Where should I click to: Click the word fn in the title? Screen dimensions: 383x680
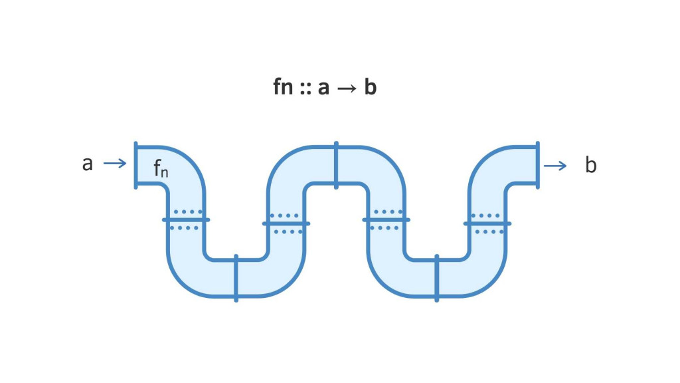pyautogui.click(x=284, y=88)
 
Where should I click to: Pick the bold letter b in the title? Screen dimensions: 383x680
pyautogui.click(x=370, y=88)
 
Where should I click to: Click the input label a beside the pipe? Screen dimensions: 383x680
pyautogui.click(x=88, y=164)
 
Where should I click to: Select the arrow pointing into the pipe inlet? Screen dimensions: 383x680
pyautogui.click(x=115, y=164)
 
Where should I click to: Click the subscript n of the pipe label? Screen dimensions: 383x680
pyautogui.click(x=165, y=172)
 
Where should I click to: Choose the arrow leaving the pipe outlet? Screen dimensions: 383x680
pyautogui.click(x=555, y=166)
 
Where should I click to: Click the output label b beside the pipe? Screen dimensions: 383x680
pyautogui.click(x=590, y=166)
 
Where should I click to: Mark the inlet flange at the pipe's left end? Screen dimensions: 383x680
pyautogui.click(x=136, y=165)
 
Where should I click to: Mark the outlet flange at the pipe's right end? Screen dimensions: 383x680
pyautogui.click(x=537, y=165)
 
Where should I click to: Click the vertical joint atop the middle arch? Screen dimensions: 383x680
pyautogui.click(x=337, y=165)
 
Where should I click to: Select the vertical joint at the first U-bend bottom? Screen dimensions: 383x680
pyautogui.click(x=236, y=277)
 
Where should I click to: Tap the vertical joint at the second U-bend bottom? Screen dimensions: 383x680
pyautogui.click(x=437, y=277)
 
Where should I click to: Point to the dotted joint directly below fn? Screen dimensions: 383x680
pyautogui.click(x=186, y=219)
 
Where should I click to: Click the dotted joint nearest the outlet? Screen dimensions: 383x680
pyautogui.click(x=487, y=223)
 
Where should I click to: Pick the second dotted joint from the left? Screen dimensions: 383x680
pyautogui.click(x=286, y=223)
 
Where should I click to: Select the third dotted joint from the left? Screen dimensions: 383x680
pyautogui.click(x=386, y=219)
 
